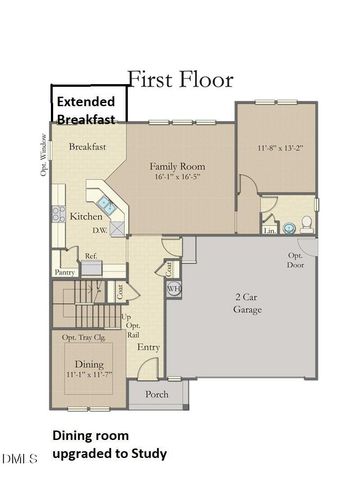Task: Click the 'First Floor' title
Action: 180,78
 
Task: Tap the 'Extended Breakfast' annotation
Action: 85,110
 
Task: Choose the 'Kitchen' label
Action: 84,216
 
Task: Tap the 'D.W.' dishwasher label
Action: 101,230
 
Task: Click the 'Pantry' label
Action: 65,271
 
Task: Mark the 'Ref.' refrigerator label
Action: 90,256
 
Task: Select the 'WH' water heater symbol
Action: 171,289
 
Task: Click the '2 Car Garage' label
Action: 250,303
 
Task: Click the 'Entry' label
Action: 149,347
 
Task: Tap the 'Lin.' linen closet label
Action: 268,229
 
